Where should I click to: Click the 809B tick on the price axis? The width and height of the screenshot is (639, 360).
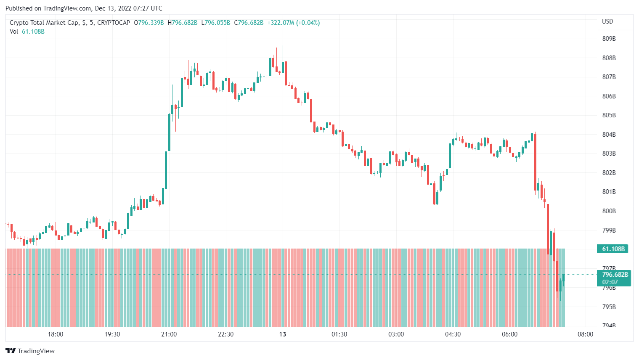pyautogui.click(x=609, y=39)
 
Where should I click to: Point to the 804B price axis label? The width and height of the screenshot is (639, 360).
pyautogui.click(x=609, y=135)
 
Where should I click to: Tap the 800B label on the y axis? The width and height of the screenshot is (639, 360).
pyautogui.click(x=609, y=211)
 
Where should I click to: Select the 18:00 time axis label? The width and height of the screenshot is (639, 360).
pyautogui.click(x=56, y=334)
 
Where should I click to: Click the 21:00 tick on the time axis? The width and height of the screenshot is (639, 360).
pyautogui.click(x=169, y=334)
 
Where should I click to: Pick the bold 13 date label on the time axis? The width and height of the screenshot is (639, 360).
pyautogui.click(x=283, y=334)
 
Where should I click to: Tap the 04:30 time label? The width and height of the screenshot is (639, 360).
pyautogui.click(x=453, y=334)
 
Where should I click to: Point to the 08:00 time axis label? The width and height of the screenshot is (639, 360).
pyautogui.click(x=585, y=334)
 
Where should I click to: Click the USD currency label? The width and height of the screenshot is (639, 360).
pyautogui.click(x=607, y=21)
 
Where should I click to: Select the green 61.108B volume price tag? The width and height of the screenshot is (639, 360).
pyautogui.click(x=613, y=249)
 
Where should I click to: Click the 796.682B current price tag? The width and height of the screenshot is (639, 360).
pyautogui.click(x=615, y=275)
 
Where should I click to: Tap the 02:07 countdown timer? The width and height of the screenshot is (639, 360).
pyautogui.click(x=610, y=282)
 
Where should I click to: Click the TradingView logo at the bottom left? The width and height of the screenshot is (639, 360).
pyautogui.click(x=30, y=351)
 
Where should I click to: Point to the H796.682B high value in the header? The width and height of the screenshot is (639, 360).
pyautogui.click(x=183, y=23)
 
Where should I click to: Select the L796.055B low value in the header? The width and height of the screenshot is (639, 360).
pyautogui.click(x=216, y=23)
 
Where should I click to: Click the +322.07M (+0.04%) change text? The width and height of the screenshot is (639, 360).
pyautogui.click(x=293, y=23)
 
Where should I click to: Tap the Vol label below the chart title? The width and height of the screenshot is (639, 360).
pyautogui.click(x=14, y=32)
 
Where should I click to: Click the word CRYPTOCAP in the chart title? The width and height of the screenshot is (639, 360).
pyautogui.click(x=114, y=23)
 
